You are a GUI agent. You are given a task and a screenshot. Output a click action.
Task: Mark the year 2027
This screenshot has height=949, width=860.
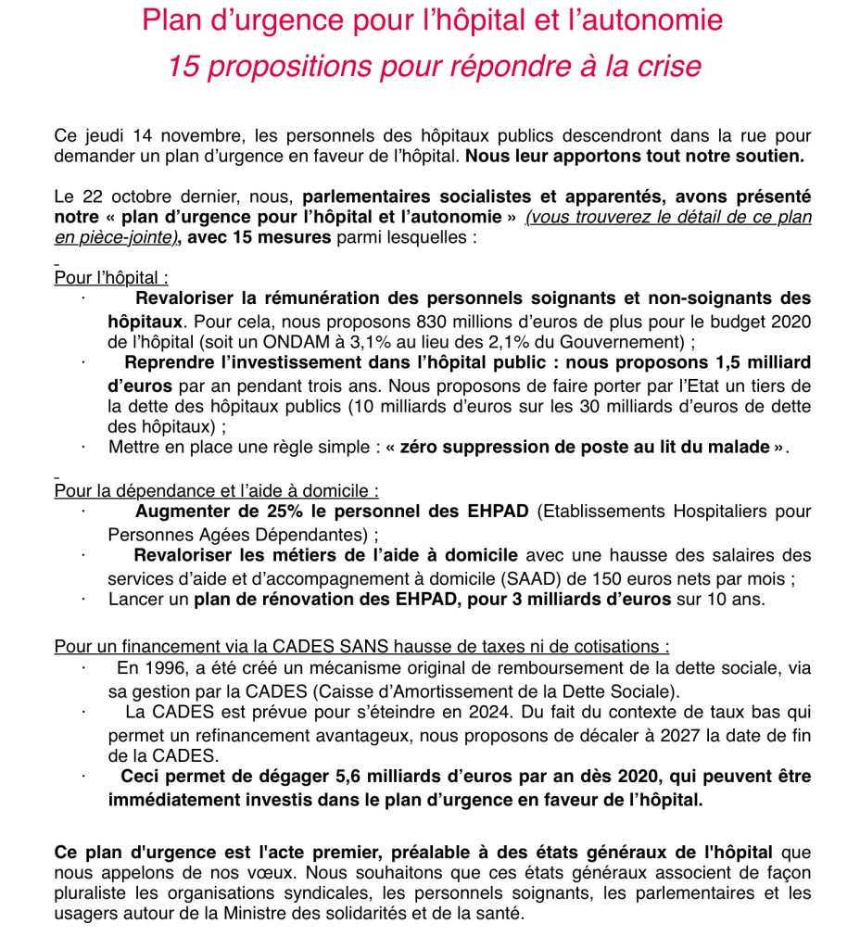point(670,734)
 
